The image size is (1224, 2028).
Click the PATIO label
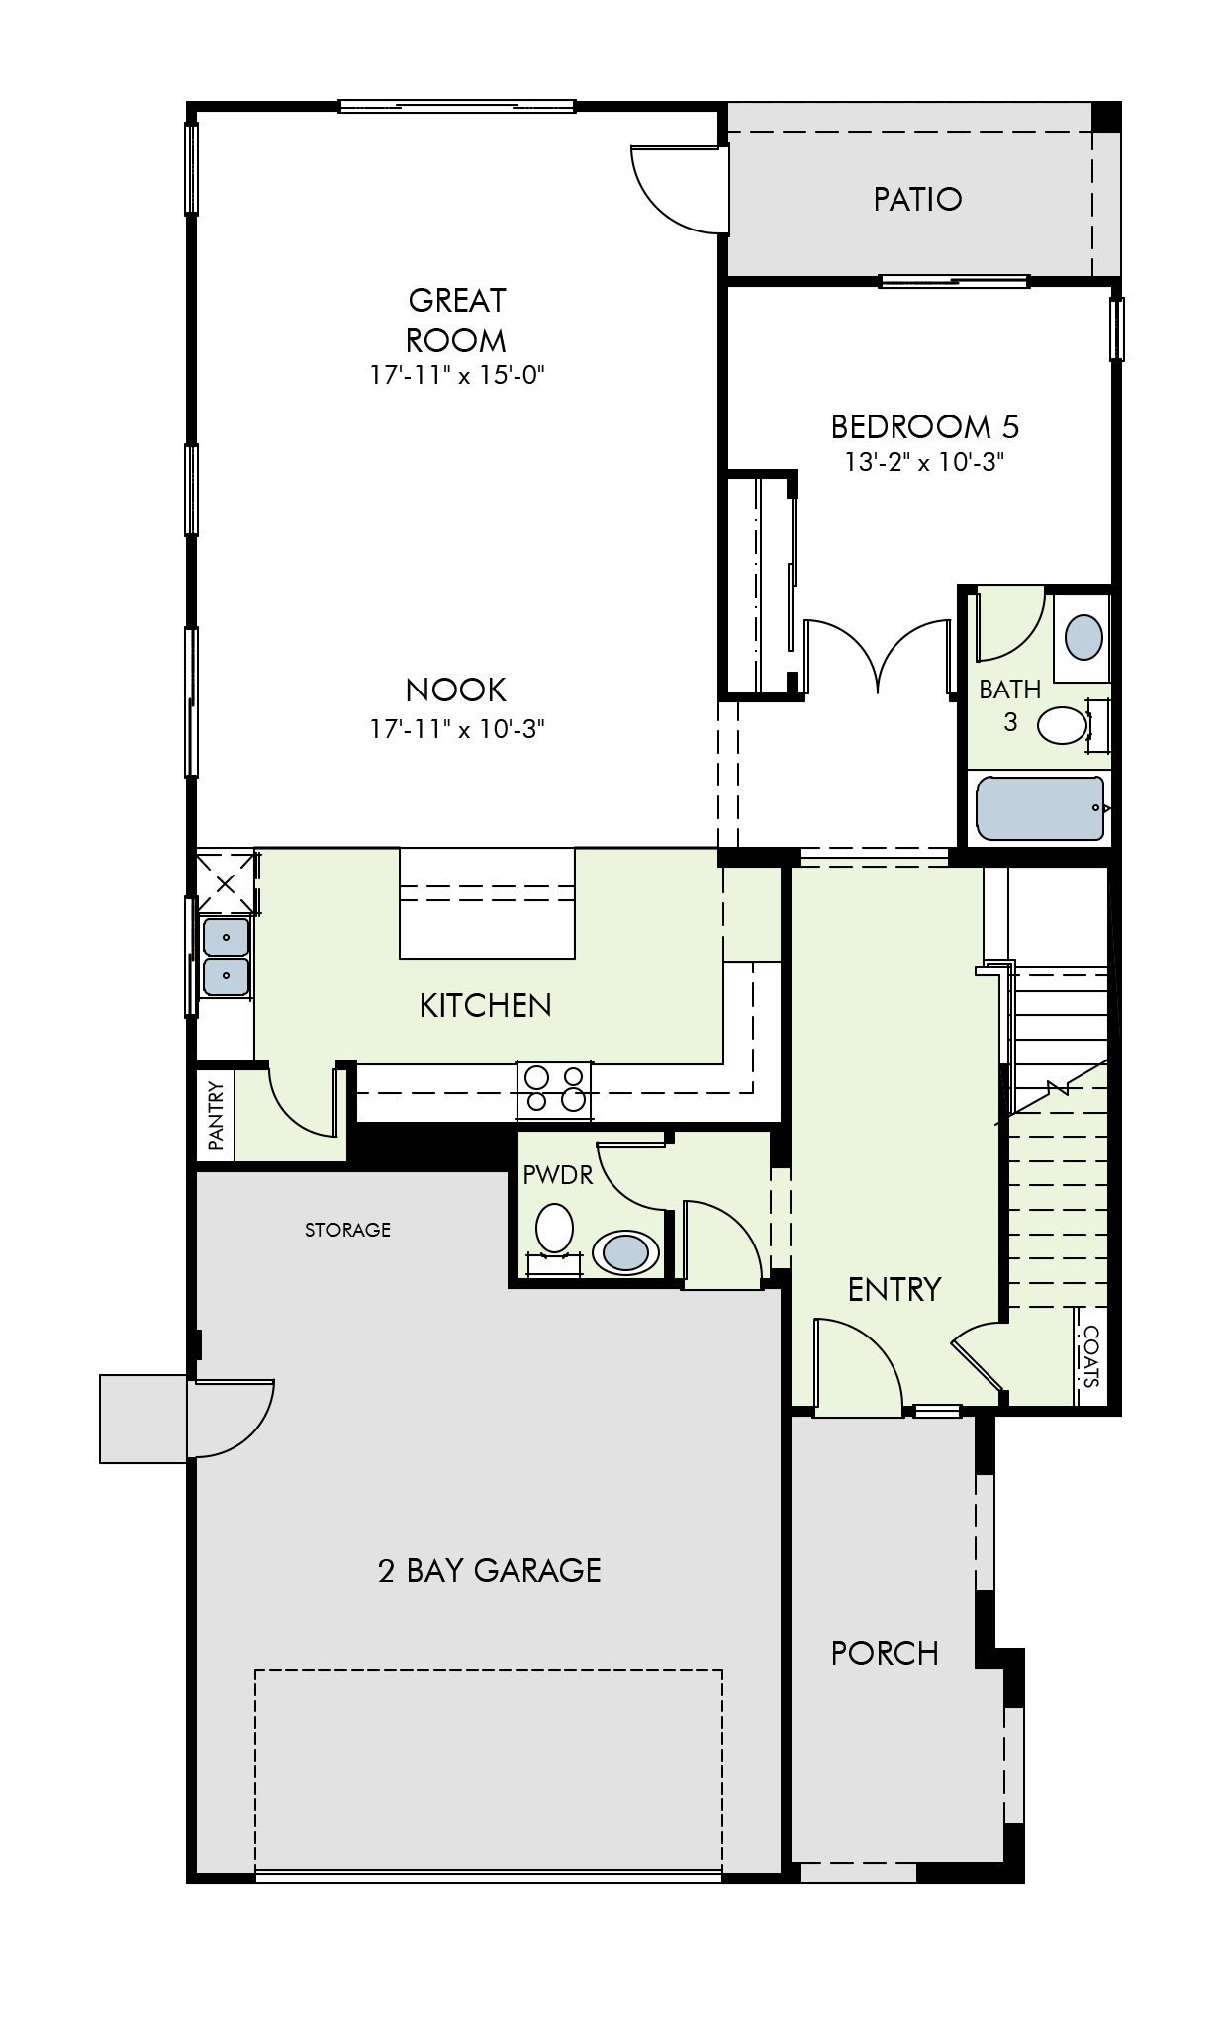click(917, 199)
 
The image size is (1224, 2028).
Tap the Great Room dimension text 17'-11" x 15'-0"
click(457, 375)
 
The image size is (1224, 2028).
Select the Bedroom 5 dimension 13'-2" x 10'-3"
click(924, 462)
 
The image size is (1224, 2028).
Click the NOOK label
click(456, 690)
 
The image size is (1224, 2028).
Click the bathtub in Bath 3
click(1040, 808)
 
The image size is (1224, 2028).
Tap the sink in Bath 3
click(1083, 637)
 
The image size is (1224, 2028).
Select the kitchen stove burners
click(554, 1089)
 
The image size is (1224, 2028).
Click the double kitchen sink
click(227, 957)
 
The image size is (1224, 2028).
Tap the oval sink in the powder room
click(626, 1251)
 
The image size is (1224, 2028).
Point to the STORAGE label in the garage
click(347, 1230)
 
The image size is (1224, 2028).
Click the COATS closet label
click(1090, 1356)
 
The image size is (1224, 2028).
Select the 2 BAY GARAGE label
click(490, 1570)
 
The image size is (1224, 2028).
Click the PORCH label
click(885, 1653)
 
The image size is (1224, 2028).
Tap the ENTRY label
click(894, 1289)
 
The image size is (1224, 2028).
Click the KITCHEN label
click(486, 1005)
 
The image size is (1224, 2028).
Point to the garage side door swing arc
click(252, 1431)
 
